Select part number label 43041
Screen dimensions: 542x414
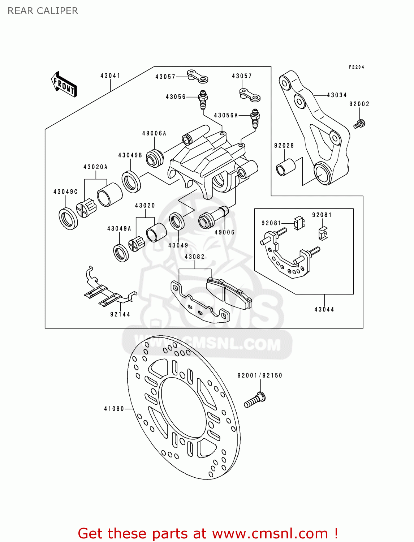point(110,76)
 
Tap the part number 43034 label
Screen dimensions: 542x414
point(337,95)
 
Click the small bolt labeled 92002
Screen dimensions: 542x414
point(359,124)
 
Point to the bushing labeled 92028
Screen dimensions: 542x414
point(285,167)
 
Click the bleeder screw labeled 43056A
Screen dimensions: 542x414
point(255,118)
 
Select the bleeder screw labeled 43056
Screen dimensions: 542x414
point(203,100)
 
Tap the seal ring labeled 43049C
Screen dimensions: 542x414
point(68,218)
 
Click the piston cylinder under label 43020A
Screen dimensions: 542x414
point(109,194)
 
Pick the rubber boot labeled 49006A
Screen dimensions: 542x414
point(155,158)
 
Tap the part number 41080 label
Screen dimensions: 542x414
point(114,409)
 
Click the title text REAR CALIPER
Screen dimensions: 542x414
point(43,11)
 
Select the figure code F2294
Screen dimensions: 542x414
point(356,67)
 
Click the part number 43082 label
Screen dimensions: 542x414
point(194,257)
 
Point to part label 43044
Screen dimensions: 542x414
point(324,309)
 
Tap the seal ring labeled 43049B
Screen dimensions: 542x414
point(131,181)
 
